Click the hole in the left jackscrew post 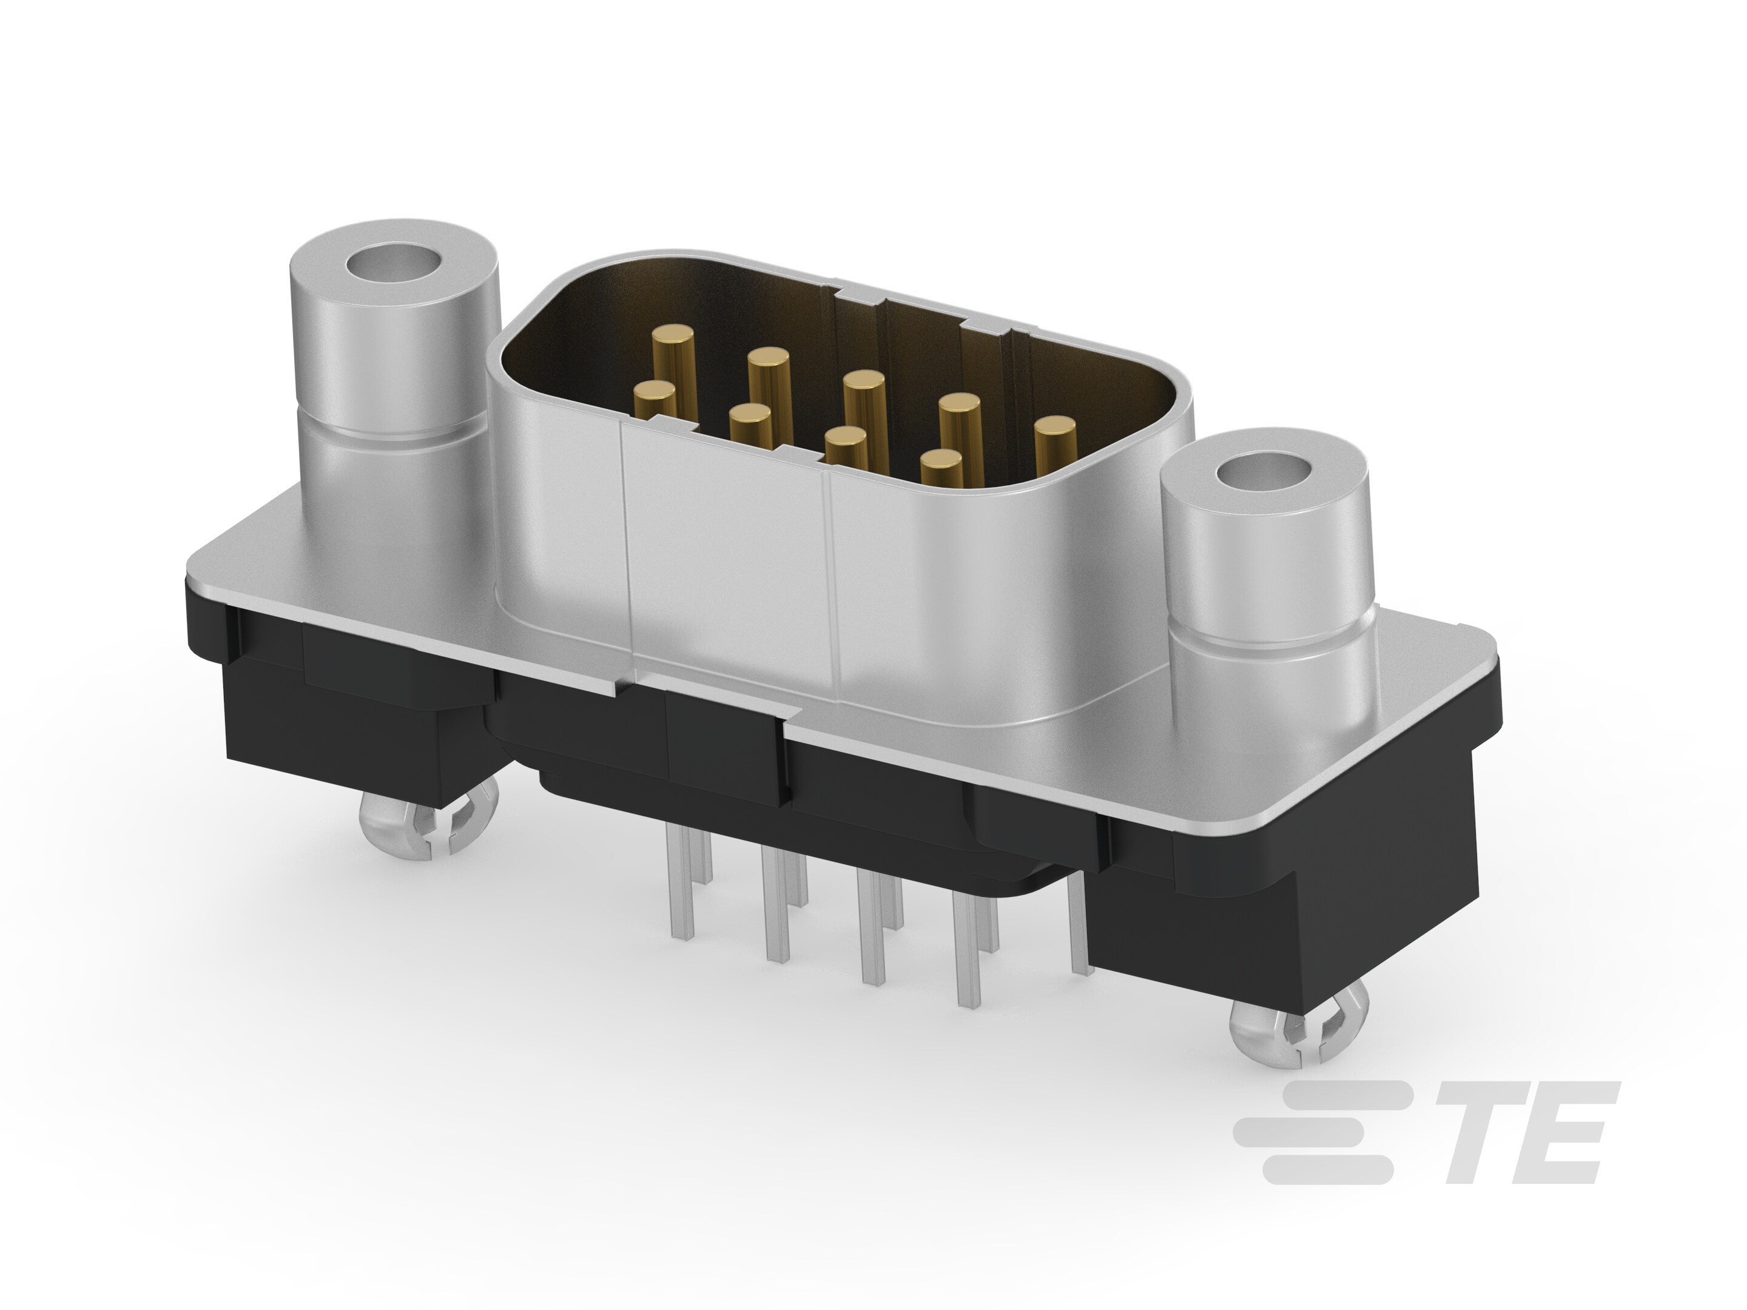(392, 263)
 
